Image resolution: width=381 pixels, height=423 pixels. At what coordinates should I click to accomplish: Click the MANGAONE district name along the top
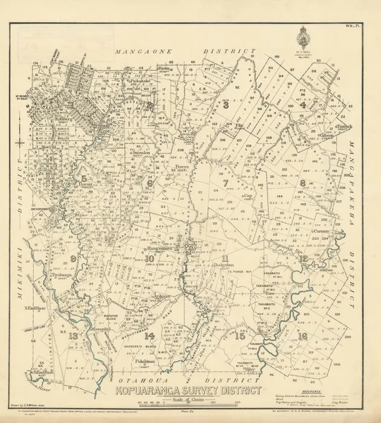pos(149,53)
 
